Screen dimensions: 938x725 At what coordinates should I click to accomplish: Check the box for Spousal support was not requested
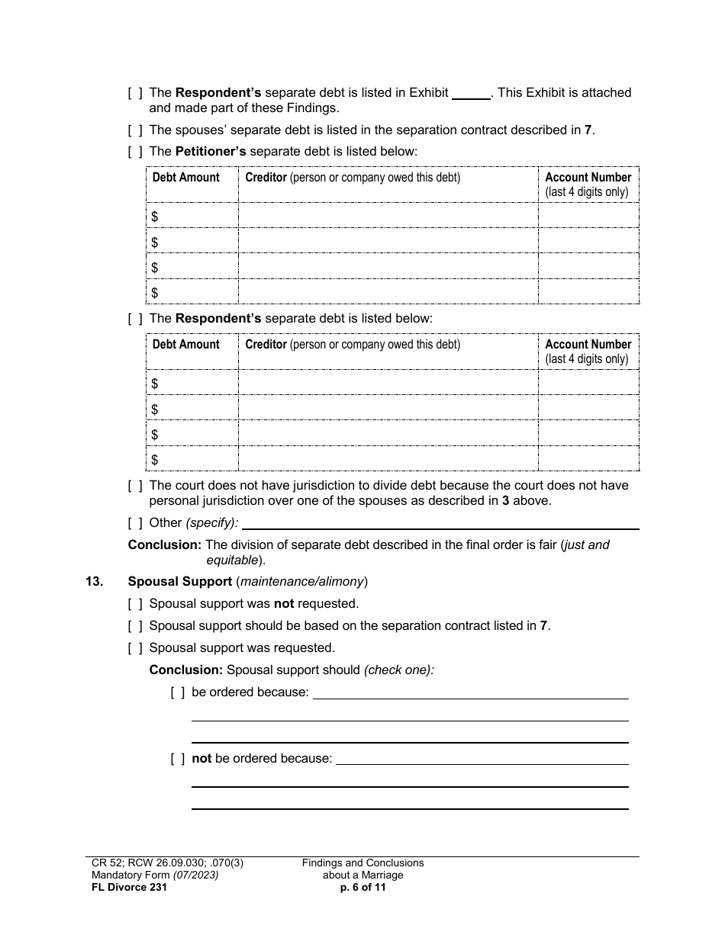click(135, 604)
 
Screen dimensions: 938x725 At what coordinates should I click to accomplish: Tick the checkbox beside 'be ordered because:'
click(178, 692)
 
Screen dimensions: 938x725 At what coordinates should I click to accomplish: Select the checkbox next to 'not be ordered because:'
click(178, 759)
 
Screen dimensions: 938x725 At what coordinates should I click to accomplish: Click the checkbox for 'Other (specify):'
click(135, 523)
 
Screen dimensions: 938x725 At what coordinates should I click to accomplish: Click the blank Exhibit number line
click(471, 94)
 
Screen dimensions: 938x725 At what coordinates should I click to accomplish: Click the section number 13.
click(94, 582)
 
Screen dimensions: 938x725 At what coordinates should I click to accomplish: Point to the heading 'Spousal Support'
click(180, 582)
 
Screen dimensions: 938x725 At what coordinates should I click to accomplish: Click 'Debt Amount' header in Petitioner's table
click(185, 178)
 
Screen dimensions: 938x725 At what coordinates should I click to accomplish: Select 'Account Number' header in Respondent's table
click(588, 345)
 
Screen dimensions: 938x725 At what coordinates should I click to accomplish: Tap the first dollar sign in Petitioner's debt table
click(155, 217)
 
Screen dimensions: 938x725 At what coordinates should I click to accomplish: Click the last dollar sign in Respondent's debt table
click(155, 460)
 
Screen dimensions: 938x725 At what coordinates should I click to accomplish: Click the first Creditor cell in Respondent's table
click(388, 383)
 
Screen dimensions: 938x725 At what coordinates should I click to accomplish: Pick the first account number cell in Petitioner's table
click(588, 217)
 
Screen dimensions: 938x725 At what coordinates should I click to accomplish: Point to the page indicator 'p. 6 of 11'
click(362, 887)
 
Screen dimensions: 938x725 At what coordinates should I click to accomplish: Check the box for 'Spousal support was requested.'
click(135, 648)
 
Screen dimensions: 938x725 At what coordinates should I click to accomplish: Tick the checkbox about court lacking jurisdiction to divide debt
click(135, 486)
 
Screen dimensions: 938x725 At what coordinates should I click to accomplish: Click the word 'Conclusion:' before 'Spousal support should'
click(185, 670)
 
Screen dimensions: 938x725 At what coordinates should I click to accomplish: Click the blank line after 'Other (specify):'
click(440, 524)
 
